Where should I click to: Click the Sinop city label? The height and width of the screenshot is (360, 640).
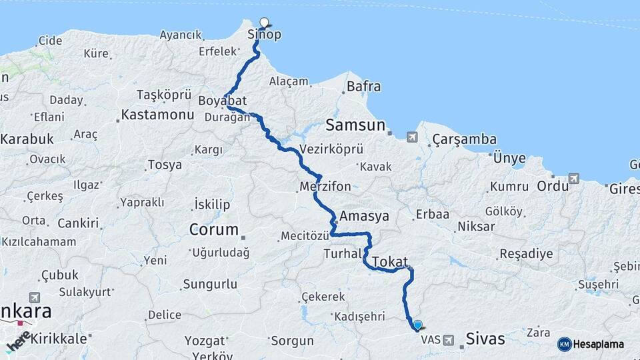click(260, 35)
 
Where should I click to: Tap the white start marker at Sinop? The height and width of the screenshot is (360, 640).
click(264, 22)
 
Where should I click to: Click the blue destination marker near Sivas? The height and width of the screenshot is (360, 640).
click(418, 325)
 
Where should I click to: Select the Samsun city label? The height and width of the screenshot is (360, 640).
click(356, 125)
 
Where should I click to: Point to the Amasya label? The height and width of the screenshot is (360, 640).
click(364, 216)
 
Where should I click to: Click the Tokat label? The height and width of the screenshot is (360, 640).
click(390, 262)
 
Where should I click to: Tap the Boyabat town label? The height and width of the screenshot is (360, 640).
click(223, 101)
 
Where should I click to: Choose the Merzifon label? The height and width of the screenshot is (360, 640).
click(325, 187)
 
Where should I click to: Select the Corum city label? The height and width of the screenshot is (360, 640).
click(213, 229)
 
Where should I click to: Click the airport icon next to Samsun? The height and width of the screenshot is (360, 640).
click(411, 137)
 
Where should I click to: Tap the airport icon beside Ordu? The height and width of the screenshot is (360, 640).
click(574, 179)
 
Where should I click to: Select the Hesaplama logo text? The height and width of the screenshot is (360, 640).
click(597, 344)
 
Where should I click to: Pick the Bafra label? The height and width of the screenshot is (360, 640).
click(364, 86)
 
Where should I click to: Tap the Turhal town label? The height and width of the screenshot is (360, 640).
click(343, 253)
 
